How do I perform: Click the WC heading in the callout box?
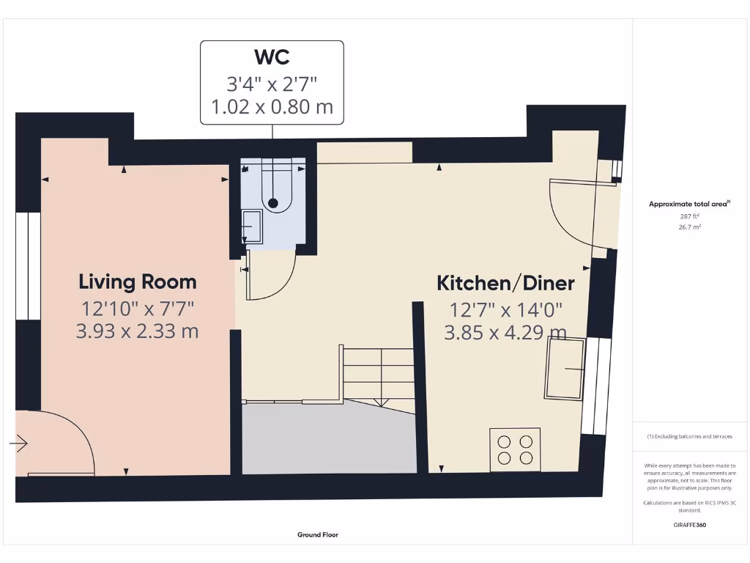tap(272, 56)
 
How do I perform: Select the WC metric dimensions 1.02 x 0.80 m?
tap(272, 107)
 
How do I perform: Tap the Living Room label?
tap(137, 281)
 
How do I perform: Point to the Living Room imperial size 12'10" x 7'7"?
tap(137, 307)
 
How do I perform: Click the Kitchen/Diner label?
tap(505, 283)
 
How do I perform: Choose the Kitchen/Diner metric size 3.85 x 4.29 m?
tap(505, 333)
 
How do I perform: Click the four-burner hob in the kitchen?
tap(515, 449)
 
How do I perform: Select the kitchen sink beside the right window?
tap(564, 368)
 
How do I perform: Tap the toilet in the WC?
tap(273, 191)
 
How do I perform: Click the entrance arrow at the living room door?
tap(18, 444)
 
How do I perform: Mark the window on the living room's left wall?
tap(28, 267)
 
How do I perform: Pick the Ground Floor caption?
tap(318, 535)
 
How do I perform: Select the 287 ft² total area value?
tap(689, 216)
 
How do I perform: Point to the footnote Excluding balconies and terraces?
tap(689, 436)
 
